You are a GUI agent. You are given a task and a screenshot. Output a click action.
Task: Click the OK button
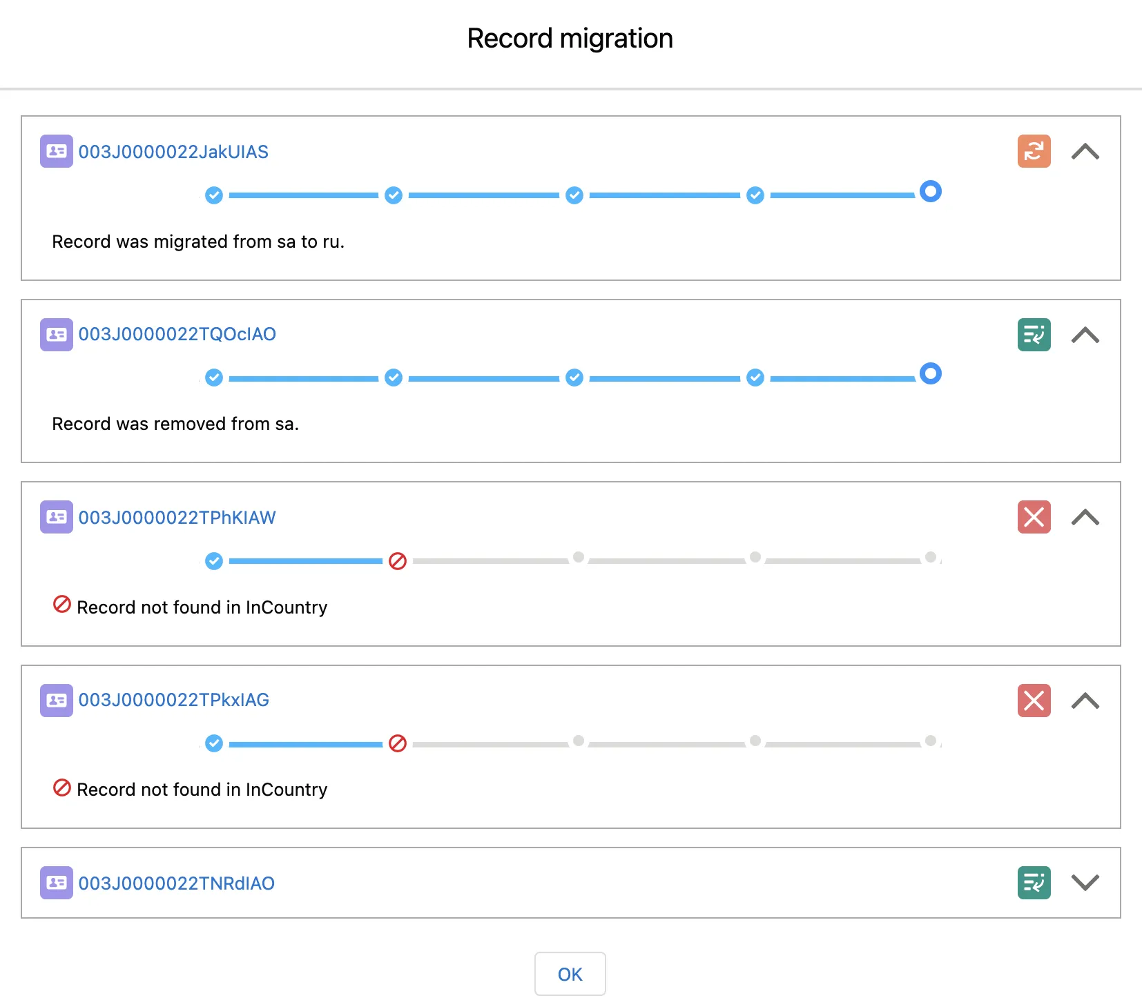point(570,974)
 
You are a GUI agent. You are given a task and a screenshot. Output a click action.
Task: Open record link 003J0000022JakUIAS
point(173,152)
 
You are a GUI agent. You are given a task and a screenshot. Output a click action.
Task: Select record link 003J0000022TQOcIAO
point(177,334)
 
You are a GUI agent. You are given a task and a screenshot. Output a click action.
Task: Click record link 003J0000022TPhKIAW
point(177,518)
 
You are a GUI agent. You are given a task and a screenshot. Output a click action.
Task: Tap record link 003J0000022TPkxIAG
point(173,700)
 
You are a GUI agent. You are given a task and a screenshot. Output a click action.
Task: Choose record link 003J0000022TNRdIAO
point(176,883)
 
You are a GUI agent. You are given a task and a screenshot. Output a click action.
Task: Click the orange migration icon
point(1034,151)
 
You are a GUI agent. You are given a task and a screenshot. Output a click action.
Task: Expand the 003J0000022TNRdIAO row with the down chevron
point(1085,883)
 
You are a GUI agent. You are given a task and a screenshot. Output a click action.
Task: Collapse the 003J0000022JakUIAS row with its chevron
point(1085,152)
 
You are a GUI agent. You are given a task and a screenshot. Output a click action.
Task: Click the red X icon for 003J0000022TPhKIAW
point(1034,517)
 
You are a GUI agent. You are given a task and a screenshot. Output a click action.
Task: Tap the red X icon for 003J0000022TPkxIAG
point(1034,701)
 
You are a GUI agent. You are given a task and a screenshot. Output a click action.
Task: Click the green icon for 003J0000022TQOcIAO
point(1034,335)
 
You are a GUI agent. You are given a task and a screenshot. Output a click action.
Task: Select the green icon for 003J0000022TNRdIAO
point(1034,883)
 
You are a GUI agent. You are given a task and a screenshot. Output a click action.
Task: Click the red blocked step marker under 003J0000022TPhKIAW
point(398,561)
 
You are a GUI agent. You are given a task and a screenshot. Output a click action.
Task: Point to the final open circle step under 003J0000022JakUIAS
point(930,191)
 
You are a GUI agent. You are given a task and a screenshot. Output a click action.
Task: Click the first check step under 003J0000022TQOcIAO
point(214,378)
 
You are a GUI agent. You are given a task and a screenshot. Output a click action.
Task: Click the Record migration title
point(570,39)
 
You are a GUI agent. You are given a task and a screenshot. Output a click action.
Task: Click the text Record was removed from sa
point(175,424)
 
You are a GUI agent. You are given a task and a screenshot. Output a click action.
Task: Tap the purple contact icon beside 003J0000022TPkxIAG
point(57,701)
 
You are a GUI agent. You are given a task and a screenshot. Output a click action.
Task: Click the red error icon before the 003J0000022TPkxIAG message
point(62,787)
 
